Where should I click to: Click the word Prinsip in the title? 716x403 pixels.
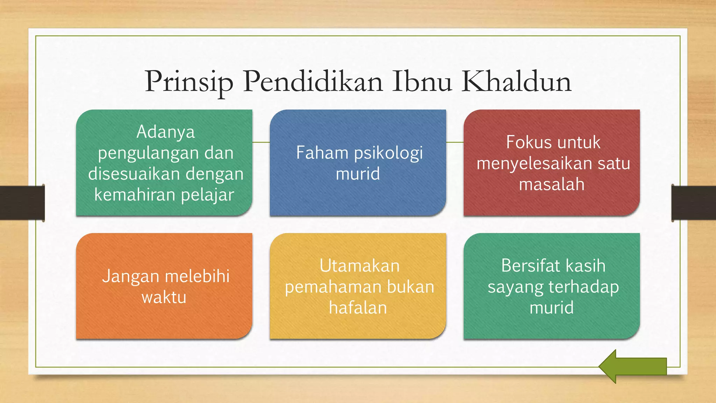189,82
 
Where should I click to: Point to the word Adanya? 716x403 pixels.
165,132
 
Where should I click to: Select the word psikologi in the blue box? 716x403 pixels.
388,153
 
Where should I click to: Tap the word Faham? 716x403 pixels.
322,153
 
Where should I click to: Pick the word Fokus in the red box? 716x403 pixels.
527,142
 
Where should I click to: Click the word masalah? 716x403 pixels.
551,184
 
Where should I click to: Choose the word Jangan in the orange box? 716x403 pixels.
130,277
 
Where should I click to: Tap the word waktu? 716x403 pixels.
164,297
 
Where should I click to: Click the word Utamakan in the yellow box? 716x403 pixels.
359,266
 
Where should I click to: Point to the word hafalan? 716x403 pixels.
358,308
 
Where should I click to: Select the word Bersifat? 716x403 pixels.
530,266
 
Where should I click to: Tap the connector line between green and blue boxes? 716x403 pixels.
261,142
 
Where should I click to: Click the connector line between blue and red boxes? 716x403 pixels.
455,142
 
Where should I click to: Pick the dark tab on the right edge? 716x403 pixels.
694,203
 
